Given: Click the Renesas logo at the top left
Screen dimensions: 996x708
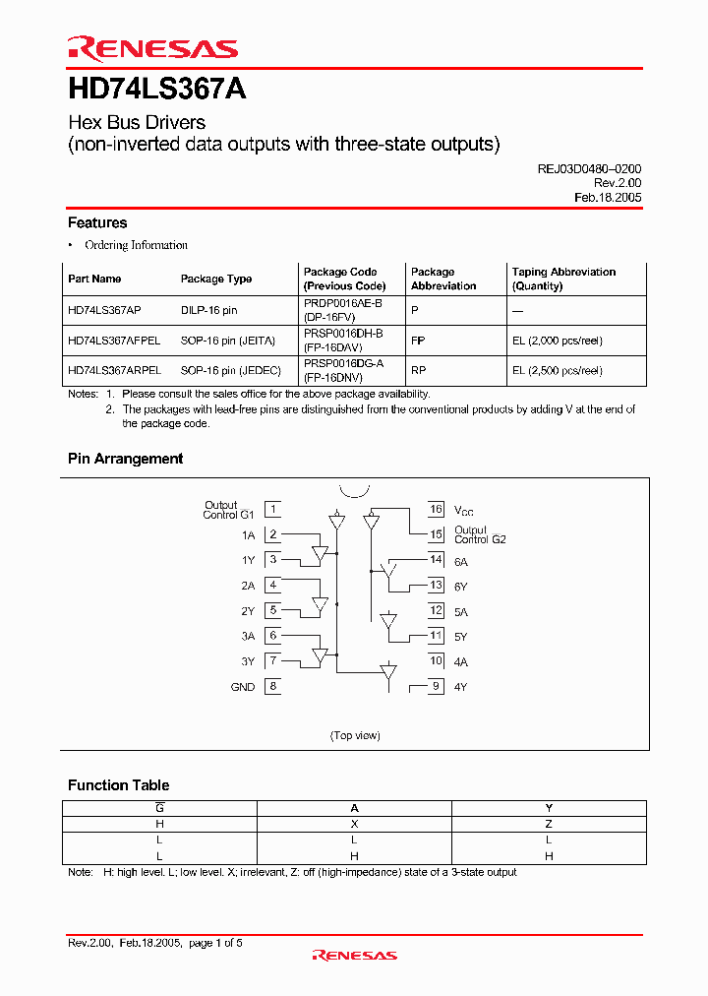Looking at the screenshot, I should click(152, 48).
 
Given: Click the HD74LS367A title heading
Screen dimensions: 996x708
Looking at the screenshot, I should click(156, 90).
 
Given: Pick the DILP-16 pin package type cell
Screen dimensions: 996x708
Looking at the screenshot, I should click(208, 309).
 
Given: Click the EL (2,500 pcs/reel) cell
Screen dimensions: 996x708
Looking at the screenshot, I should click(557, 371).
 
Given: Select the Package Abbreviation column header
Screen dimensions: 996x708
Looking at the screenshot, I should click(443, 279).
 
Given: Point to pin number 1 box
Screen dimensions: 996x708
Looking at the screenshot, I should click(272, 510).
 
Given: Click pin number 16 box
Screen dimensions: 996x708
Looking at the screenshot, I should click(436, 510).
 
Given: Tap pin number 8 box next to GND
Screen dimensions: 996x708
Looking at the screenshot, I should click(272, 687).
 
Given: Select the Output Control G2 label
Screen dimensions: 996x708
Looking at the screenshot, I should click(480, 534).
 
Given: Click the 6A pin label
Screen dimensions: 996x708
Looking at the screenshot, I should click(461, 560).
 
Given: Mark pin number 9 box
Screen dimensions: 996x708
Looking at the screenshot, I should click(436, 687).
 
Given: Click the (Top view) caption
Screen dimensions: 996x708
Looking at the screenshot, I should click(355, 735).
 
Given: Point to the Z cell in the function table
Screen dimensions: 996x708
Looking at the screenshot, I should click(549, 824).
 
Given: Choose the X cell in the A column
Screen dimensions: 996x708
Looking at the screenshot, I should click(355, 824).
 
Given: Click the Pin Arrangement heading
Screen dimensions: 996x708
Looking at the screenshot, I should click(125, 459).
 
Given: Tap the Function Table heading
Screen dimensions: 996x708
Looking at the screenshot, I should click(118, 785).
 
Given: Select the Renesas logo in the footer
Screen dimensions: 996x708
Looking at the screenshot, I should click(354, 955).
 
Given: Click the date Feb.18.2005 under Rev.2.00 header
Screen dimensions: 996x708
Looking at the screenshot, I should click(608, 197).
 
